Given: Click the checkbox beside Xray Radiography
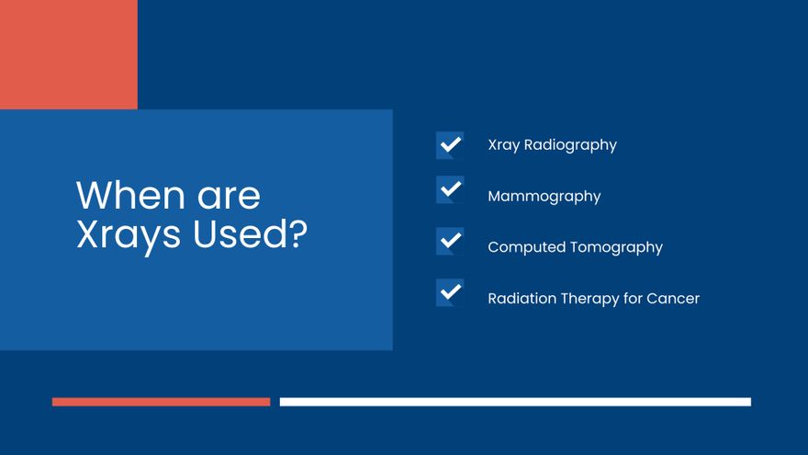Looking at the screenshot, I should (x=450, y=145).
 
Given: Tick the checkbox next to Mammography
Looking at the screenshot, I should (x=450, y=190).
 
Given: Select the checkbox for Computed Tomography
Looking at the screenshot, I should (x=450, y=242).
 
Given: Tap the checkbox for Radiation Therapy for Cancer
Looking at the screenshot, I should (x=450, y=293).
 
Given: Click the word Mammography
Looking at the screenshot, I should (x=544, y=197).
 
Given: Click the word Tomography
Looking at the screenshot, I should (x=620, y=247).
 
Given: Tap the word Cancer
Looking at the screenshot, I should (x=673, y=299).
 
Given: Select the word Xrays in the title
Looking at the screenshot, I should (x=129, y=235).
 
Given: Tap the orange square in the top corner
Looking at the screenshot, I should (x=68, y=54).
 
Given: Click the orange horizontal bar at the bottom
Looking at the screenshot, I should (x=161, y=402).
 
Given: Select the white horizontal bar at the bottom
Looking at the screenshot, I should (x=515, y=402).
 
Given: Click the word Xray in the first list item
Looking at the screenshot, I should (x=503, y=145).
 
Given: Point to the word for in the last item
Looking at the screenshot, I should (x=633, y=299).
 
